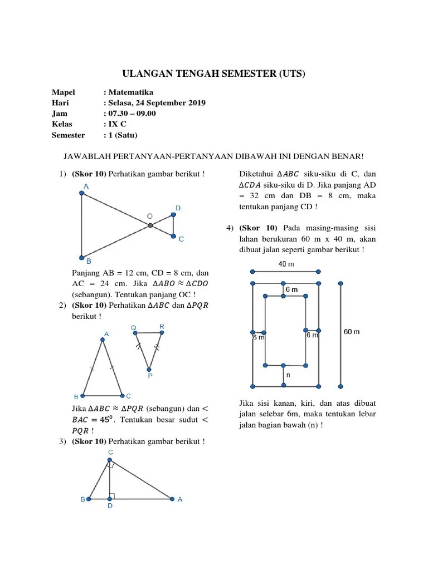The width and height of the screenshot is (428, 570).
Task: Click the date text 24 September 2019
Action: click(173, 103)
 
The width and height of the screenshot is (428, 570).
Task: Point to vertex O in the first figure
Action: click(150, 225)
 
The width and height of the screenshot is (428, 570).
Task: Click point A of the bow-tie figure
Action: click(82, 193)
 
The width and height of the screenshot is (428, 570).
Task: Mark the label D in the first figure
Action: click(178, 208)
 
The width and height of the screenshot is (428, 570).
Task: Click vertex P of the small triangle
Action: click(149, 368)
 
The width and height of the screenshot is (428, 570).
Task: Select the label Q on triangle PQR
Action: click(133, 327)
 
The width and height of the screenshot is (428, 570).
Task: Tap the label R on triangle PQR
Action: click(162, 326)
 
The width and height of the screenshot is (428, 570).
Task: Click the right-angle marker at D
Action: click(112, 495)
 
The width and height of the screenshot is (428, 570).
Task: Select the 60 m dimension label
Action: click(352, 332)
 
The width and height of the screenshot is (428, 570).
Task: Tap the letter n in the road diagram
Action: click(289, 375)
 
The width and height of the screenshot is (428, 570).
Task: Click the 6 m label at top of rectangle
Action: click(291, 290)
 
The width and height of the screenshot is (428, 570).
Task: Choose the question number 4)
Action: click(230, 228)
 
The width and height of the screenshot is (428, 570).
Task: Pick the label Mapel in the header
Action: click(64, 92)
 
